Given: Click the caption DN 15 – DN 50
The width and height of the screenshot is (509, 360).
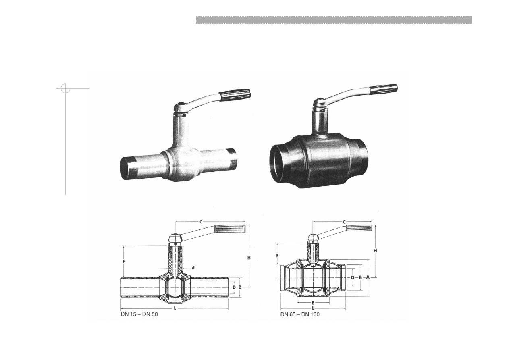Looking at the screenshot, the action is (139, 314).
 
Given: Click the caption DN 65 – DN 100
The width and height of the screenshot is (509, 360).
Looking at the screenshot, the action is (300, 314).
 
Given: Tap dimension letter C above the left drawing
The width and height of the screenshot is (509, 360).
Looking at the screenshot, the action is (201, 222).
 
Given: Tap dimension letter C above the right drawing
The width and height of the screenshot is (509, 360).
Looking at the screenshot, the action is (344, 222).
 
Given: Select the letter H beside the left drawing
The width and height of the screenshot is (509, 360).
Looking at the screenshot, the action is (249, 258).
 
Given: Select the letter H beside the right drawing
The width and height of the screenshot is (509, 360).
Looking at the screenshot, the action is (375, 250).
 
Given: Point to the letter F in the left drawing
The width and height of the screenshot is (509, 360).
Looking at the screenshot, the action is (124, 262).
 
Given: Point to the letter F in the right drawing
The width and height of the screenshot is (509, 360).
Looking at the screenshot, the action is (277, 256).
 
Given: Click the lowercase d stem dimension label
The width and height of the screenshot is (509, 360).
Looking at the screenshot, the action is (193, 268).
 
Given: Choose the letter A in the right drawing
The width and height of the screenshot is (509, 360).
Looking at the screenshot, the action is (368, 277).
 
